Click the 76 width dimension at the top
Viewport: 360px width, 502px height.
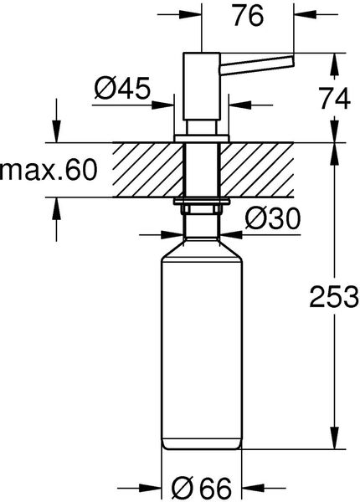pyautogui.click(x=248, y=15)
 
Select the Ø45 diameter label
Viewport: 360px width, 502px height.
pyautogui.click(x=122, y=87)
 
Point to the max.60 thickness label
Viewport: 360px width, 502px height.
pyautogui.click(x=48, y=169)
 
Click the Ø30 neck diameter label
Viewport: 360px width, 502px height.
pyautogui.click(x=273, y=218)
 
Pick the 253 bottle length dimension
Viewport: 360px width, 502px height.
pyautogui.click(x=334, y=297)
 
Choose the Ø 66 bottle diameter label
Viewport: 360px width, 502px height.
pyautogui.click(x=202, y=489)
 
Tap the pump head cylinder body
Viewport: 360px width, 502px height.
pyautogui.click(x=202, y=86)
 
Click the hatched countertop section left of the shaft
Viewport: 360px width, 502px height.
pyautogui.click(x=147, y=170)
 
